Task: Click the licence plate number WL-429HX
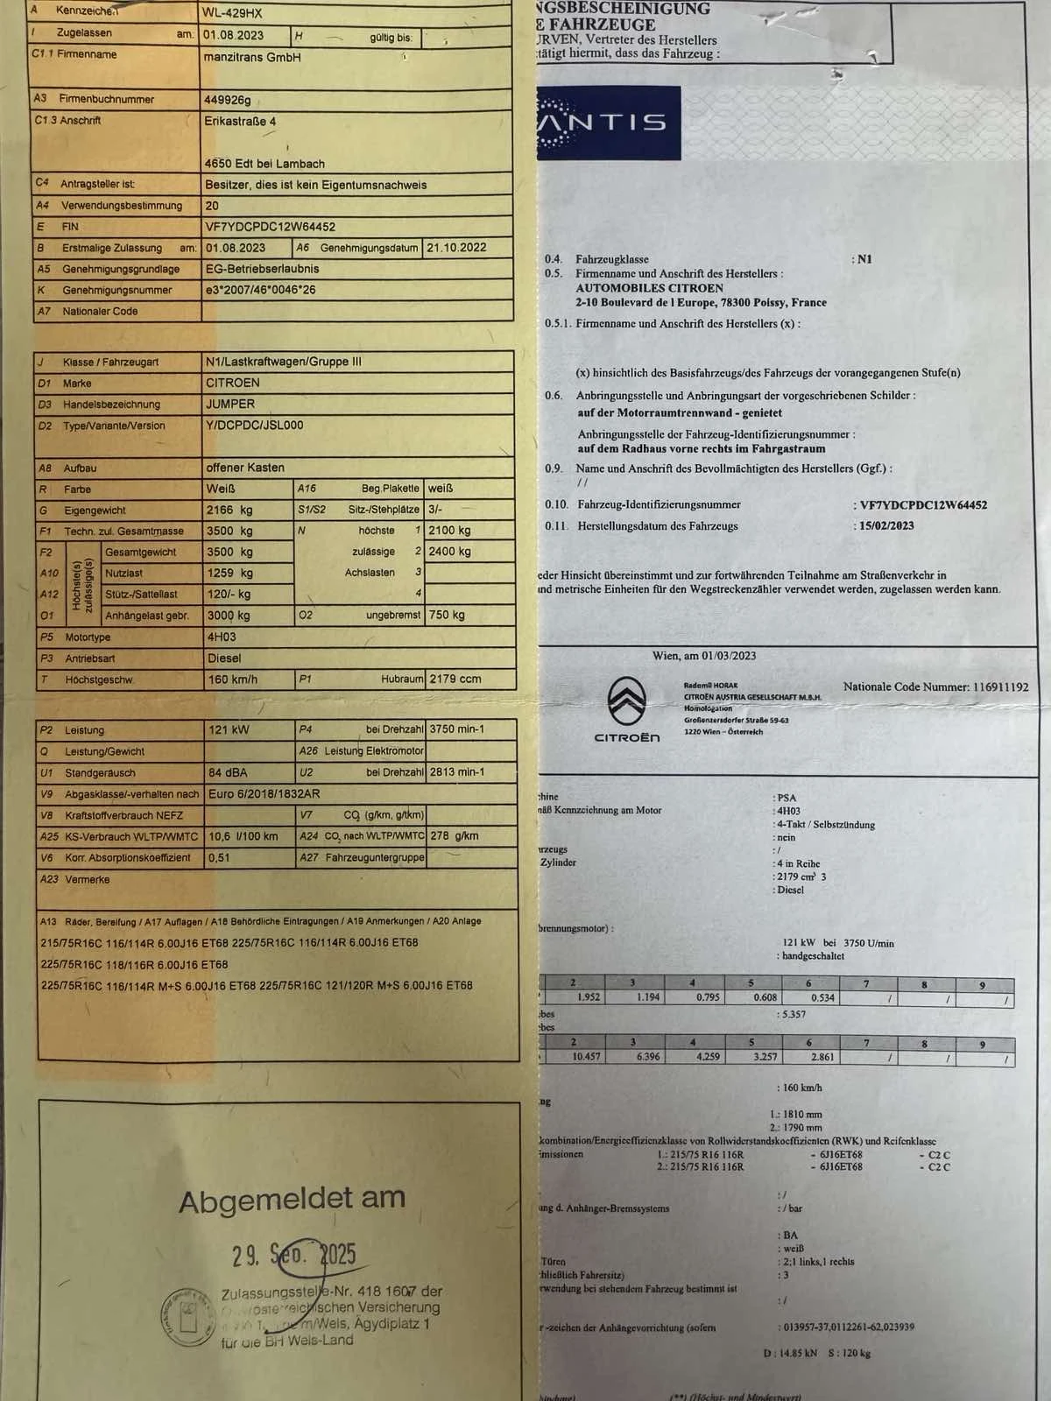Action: point(233,13)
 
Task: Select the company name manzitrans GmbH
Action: point(252,57)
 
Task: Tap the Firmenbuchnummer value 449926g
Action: point(228,100)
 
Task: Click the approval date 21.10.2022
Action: point(456,248)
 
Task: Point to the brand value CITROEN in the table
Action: point(233,383)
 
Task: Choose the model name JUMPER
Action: point(230,404)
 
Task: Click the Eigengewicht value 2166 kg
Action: point(229,510)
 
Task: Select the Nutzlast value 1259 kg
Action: point(229,573)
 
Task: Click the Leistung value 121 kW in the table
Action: point(229,729)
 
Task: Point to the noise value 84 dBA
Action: point(228,772)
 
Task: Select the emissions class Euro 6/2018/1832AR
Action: point(264,793)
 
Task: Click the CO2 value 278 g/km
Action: point(454,835)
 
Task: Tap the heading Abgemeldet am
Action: point(292,1199)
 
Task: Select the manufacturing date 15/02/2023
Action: point(886,525)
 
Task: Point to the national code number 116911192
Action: point(1000,687)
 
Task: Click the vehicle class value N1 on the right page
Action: point(864,259)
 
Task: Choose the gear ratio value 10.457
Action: point(586,1057)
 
